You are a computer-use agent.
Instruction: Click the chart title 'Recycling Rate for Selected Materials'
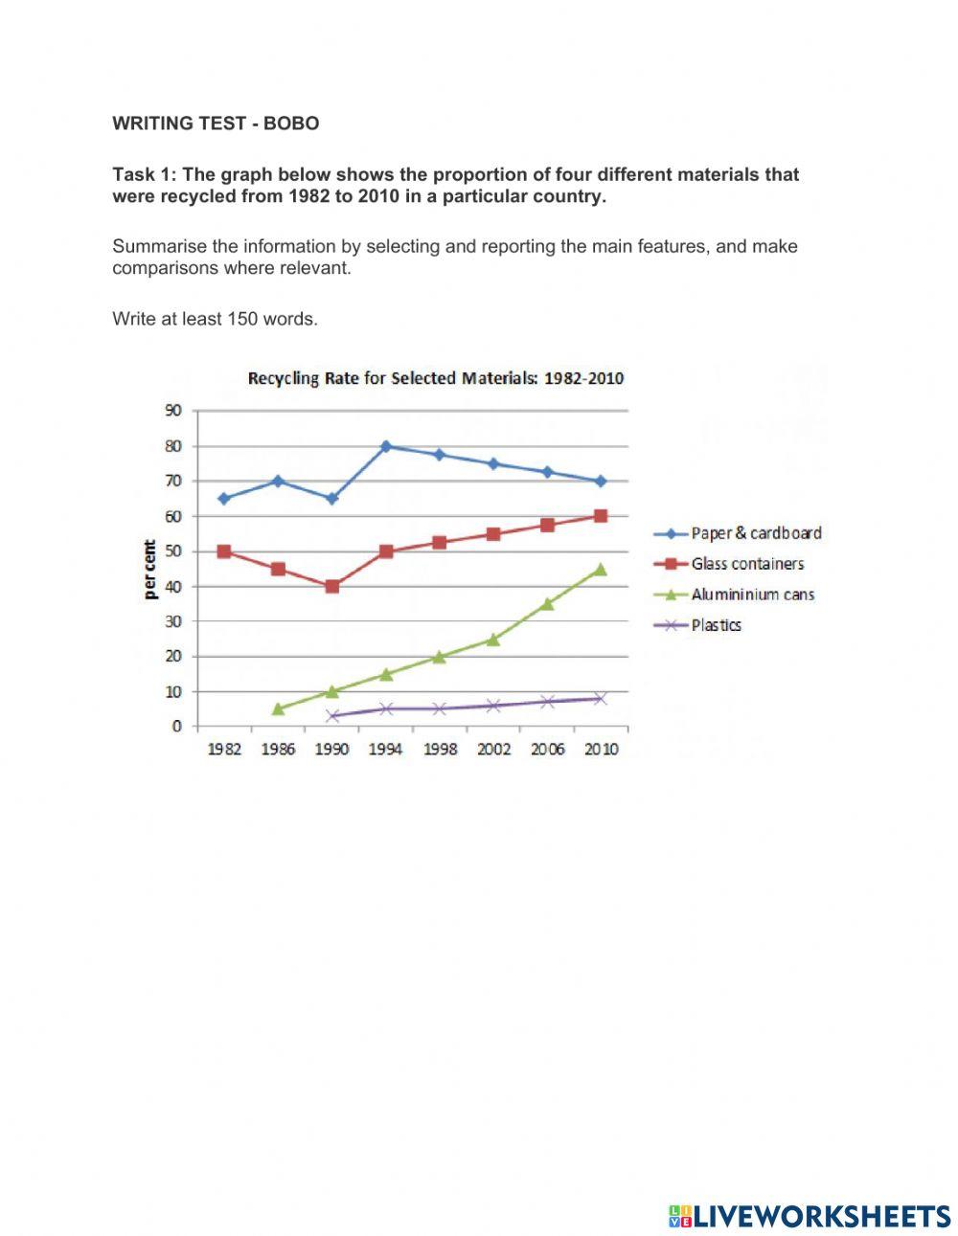click(435, 378)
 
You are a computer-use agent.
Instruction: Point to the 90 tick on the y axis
click(172, 411)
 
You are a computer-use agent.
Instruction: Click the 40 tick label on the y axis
click(172, 586)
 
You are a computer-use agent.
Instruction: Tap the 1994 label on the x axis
click(385, 750)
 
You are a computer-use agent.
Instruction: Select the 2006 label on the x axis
click(547, 750)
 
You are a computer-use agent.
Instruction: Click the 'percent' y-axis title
click(150, 569)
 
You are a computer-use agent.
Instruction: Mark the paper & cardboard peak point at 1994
click(385, 446)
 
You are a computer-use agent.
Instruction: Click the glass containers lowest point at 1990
click(331, 586)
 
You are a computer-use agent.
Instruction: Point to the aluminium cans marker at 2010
click(601, 569)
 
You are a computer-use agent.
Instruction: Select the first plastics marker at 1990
click(331, 715)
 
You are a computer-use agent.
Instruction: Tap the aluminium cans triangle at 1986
click(278, 708)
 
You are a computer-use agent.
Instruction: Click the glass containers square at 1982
click(224, 551)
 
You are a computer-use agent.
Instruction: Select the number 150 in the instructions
click(244, 319)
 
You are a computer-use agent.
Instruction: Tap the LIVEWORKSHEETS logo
click(810, 1216)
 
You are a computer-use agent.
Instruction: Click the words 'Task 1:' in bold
click(145, 175)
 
